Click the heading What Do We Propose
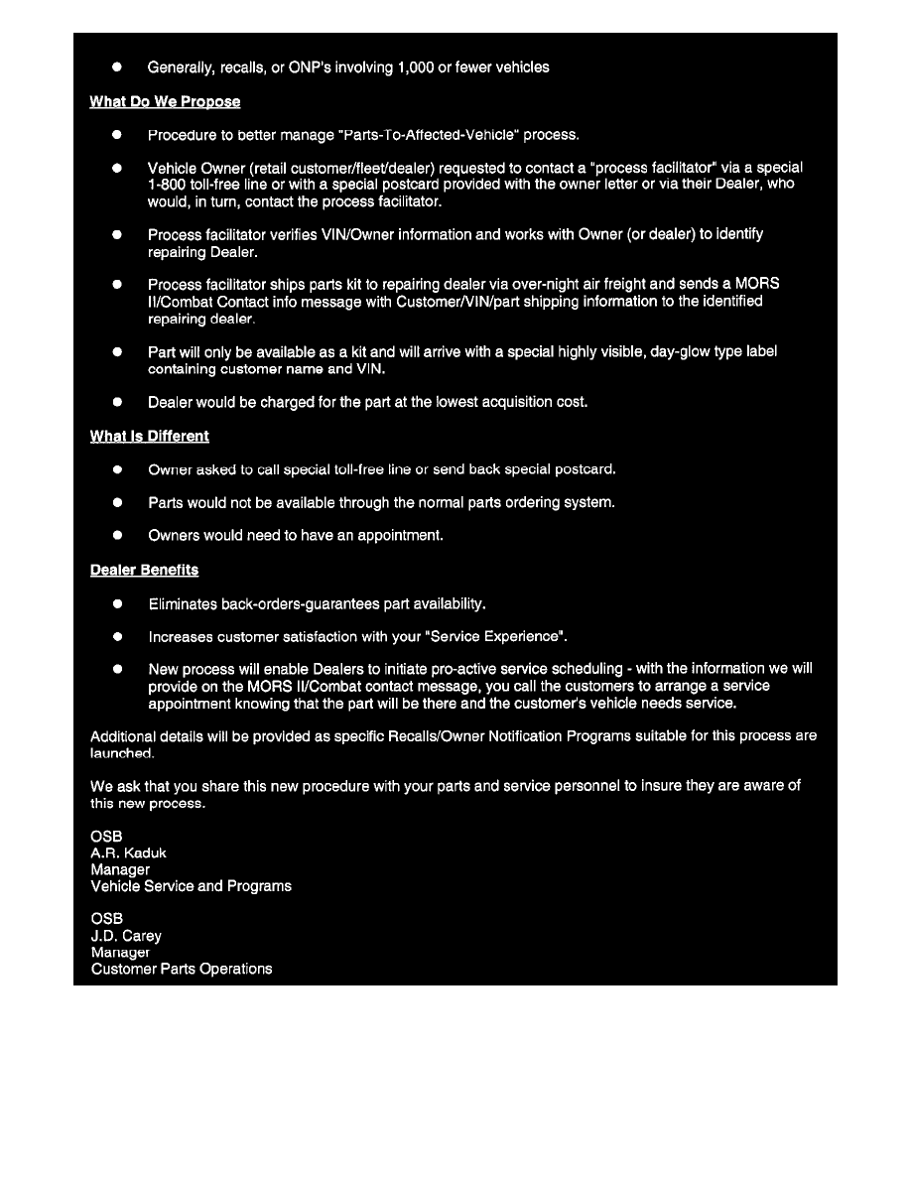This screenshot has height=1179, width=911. click(165, 102)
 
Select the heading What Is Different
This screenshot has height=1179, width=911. click(150, 437)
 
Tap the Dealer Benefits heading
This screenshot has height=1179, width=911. click(144, 571)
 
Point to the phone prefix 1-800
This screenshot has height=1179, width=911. click(167, 185)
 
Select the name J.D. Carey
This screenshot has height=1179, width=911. click(126, 936)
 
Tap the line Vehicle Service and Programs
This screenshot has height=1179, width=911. click(192, 886)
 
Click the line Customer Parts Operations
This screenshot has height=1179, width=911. click(182, 969)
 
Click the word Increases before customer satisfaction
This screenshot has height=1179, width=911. click(181, 636)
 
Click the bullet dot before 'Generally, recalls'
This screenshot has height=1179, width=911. click(116, 67)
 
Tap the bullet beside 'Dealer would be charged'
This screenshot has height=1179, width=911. click(116, 402)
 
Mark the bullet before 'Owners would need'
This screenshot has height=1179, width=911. click(116, 536)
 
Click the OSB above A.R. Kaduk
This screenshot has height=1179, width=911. click(107, 837)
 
